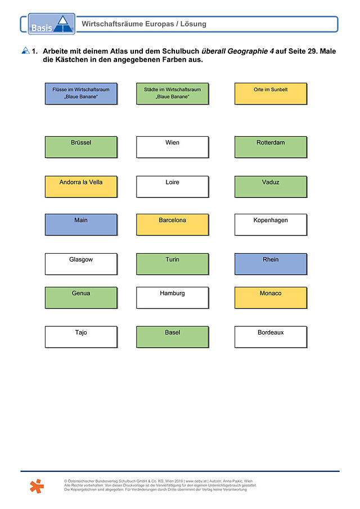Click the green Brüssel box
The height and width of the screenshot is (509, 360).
(81, 147)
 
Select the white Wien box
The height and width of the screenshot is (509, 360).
(172, 147)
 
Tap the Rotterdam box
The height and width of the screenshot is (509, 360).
(271, 147)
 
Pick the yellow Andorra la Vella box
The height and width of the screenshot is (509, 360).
(81, 187)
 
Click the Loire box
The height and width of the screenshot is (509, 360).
(172, 187)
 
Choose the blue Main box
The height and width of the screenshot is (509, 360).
(81, 224)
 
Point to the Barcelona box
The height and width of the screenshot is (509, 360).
(172, 224)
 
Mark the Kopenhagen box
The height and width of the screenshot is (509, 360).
(271, 224)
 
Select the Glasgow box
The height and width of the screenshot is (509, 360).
(81, 264)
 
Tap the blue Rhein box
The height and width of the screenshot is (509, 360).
(271, 264)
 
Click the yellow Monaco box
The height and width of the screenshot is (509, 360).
(271, 298)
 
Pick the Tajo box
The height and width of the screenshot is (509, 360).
(81, 337)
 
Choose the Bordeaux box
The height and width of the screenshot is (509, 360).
(271, 337)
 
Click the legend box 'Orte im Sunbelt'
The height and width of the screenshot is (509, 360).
(271, 93)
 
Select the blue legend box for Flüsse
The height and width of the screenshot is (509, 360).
(81, 93)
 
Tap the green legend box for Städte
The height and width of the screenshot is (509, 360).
(172, 93)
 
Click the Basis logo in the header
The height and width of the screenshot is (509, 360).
(52, 24)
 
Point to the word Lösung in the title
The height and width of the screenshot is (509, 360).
(193, 24)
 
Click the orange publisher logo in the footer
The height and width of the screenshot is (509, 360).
(37, 486)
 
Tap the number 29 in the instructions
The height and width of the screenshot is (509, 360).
(312, 51)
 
